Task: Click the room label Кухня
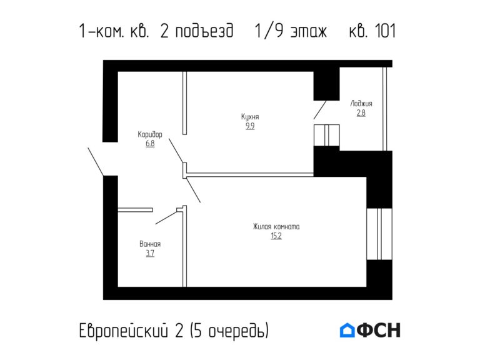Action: (250, 117)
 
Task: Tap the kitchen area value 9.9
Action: (250, 126)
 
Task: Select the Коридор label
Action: (150, 134)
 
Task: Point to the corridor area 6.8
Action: (150, 143)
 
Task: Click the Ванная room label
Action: (150, 244)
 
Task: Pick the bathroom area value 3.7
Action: (150, 253)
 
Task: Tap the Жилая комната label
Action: (276, 227)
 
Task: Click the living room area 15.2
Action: (276, 236)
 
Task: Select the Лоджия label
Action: (361, 104)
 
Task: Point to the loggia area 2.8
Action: (361, 113)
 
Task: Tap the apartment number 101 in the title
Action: (381, 31)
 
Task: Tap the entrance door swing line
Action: (96, 162)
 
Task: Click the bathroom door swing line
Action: (166, 216)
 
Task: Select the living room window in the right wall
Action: (379, 233)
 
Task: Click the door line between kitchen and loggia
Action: (319, 110)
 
